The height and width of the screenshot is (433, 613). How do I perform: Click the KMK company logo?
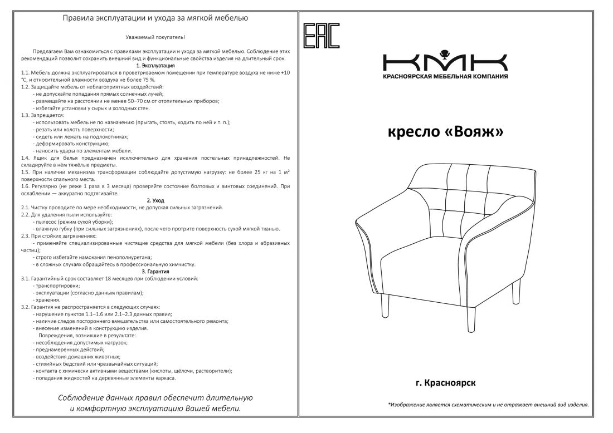click(445, 61)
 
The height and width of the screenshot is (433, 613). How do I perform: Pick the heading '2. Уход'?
click(155, 200)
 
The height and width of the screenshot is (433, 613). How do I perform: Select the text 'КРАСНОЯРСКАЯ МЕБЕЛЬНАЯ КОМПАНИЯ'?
click(445, 76)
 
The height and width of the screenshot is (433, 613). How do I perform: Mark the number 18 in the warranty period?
click(108, 278)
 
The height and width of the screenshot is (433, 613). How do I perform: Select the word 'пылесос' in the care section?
click(48, 222)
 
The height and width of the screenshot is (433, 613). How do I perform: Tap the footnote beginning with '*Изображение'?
click(488, 405)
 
